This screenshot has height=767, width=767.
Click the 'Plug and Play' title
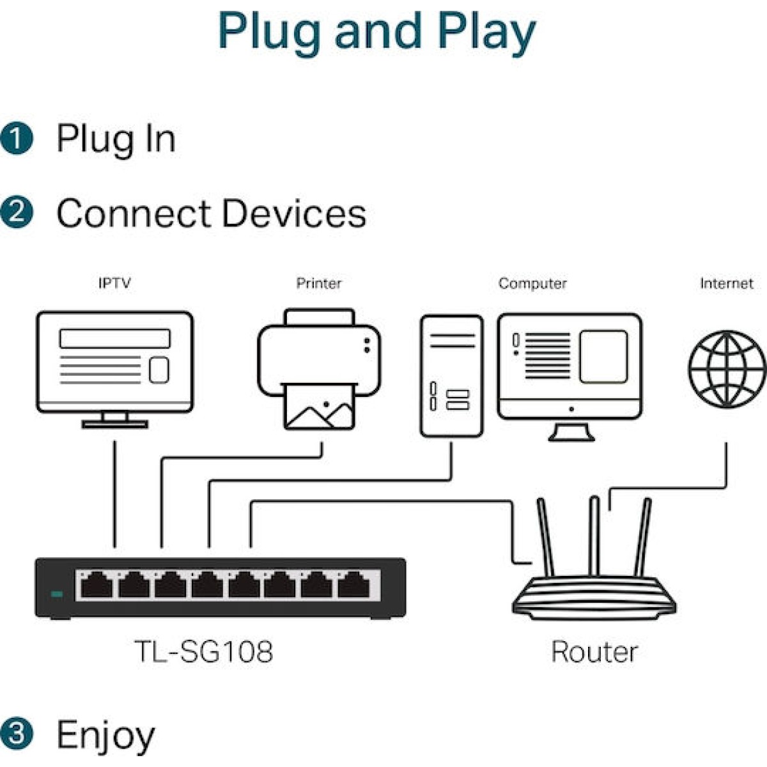click(x=376, y=32)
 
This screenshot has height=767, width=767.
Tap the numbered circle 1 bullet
click(x=17, y=139)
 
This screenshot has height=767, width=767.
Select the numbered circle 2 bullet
click(x=17, y=212)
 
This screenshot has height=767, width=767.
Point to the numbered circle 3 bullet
click(x=17, y=732)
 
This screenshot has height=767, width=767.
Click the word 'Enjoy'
click(x=106, y=735)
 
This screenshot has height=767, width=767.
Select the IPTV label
click(x=114, y=283)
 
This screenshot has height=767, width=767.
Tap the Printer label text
click(x=318, y=283)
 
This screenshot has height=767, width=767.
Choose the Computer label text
click(x=532, y=283)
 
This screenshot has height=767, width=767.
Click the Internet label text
click(x=726, y=283)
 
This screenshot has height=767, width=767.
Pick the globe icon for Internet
click(x=726, y=369)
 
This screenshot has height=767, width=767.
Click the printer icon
click(x=319, y=368)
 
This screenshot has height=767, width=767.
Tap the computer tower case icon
click(x=451, y=376)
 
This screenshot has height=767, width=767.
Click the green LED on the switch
click(x=57, y=594)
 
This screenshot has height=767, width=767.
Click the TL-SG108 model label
click(x=204, y=651)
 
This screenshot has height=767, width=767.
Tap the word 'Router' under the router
click(x=594, y=652)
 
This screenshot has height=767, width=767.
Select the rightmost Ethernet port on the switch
click(x=353, y=585)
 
